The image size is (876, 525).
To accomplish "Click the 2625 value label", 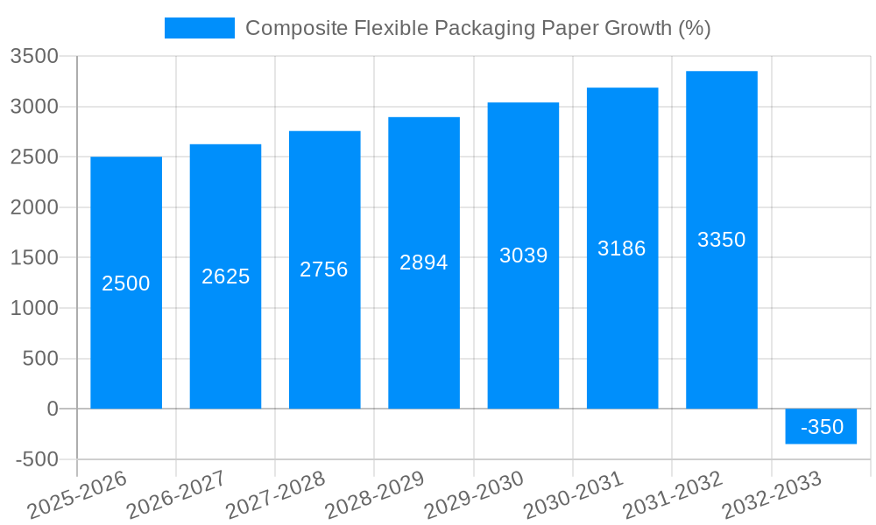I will coord(225,276).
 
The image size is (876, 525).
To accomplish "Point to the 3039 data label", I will coord(523,255).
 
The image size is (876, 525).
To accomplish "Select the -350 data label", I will coord(822,427).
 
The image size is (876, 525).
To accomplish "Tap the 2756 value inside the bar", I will coord(324,269).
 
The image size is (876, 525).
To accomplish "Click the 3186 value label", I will coord(622,248).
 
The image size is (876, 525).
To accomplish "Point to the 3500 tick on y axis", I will coord(34,57).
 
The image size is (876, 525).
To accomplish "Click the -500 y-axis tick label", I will coord(37,459).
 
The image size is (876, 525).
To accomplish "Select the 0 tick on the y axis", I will coord(52,409).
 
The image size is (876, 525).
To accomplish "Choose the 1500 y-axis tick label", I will coord(34,258).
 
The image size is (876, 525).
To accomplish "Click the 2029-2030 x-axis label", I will coord(475,494).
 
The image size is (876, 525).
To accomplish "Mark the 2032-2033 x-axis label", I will coord(773,494).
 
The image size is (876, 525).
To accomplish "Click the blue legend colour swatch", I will coord(200,28).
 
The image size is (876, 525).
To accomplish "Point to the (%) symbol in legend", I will coord(694,28).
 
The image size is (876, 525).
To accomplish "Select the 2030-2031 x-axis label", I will coord(574,494).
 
